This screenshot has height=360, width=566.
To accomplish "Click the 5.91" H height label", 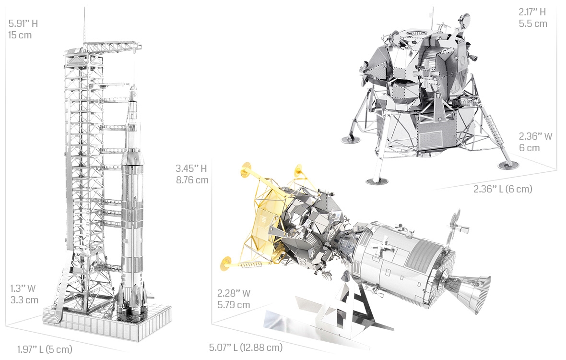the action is click(23, 24).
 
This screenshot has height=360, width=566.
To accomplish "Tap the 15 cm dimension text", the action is click(20, 36).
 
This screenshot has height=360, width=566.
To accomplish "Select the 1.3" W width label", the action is click(23, 288).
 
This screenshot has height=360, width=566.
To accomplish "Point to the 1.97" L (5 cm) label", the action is click(45, 349).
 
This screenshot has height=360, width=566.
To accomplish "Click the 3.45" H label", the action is click(191, 168).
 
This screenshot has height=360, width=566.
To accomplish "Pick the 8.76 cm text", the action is click(192, 180).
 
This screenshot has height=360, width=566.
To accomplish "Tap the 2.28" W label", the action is click(234, 293).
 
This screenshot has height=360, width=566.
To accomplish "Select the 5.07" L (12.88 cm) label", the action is click(246, 348).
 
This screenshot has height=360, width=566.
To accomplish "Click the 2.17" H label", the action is click(532, 12).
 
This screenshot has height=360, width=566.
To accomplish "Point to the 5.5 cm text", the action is click(533, 24).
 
